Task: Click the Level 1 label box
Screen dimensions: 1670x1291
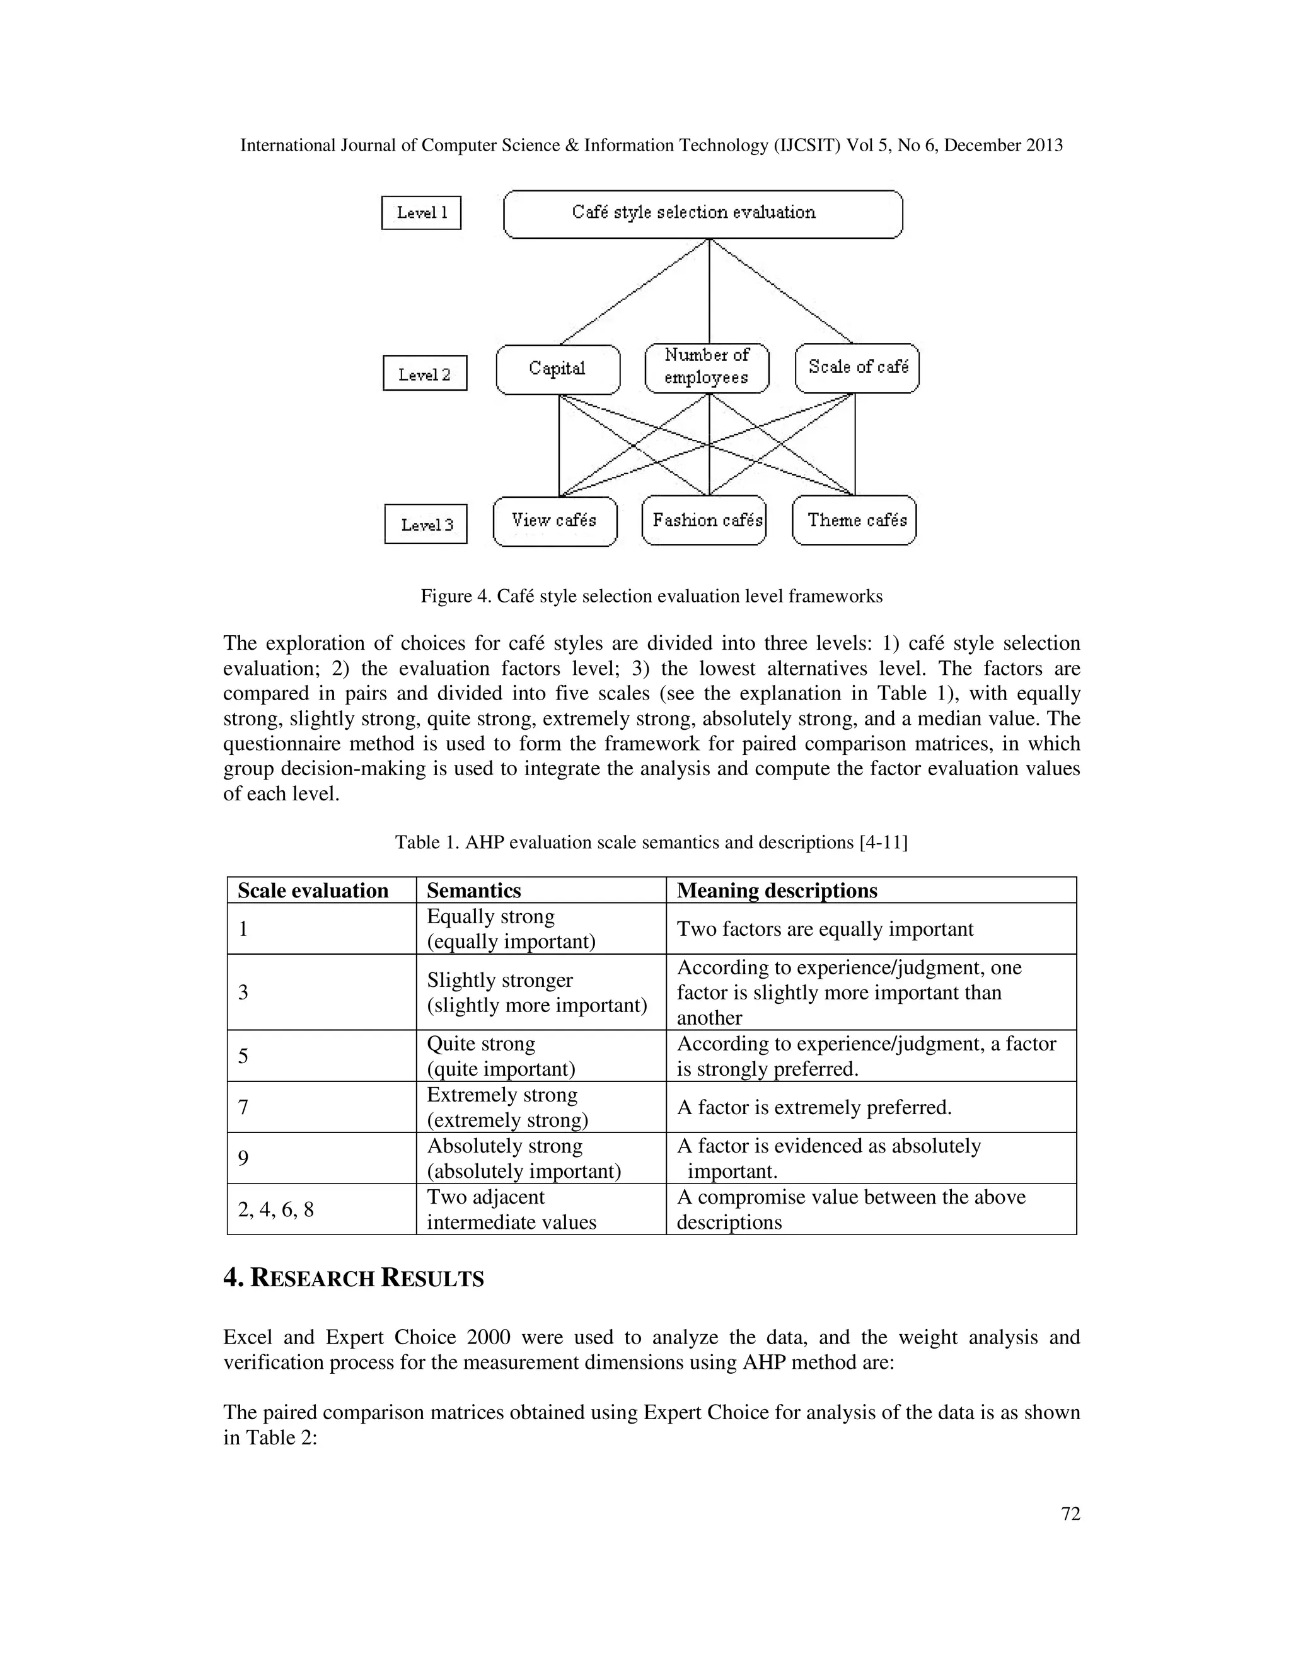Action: click(422, 212)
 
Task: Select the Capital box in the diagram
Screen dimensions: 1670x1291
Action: click(557, 369)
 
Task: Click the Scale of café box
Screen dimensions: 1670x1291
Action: click(857, 368)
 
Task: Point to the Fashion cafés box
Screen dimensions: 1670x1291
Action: click(704, 521)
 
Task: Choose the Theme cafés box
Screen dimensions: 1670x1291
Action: click(855, 521)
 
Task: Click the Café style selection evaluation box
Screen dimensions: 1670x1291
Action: click(703, 214)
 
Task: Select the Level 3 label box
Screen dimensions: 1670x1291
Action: click(426, 524)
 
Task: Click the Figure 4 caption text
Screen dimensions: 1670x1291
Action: click(651, 596)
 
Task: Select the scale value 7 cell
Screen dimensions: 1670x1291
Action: click(321, 1107)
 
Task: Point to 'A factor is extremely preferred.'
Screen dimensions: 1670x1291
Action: click(814, 1107)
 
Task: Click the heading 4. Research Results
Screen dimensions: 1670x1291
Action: click(354, 1279)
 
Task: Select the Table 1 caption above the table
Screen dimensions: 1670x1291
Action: click(651, 843)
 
